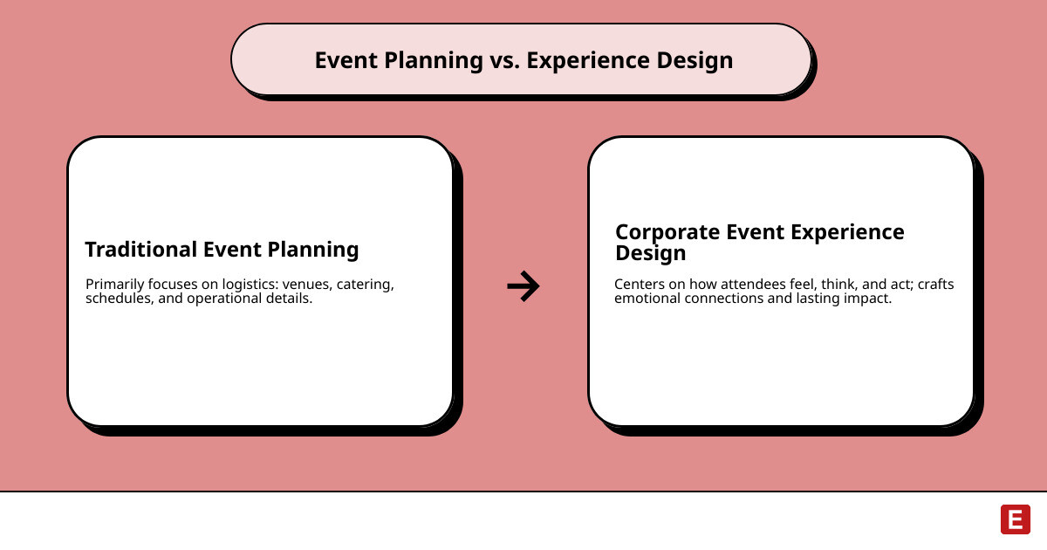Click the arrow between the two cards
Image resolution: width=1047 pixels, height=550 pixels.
click(523, 285)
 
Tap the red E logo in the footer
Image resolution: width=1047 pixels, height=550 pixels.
click(1015, 519)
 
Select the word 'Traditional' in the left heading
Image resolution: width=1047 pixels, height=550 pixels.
click(140, 250)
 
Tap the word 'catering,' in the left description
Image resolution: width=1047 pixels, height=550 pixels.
click(366, 285)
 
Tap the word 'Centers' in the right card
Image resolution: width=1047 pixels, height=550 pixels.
click(640, 285)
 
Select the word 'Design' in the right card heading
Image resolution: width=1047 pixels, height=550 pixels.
click(650, 253)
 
